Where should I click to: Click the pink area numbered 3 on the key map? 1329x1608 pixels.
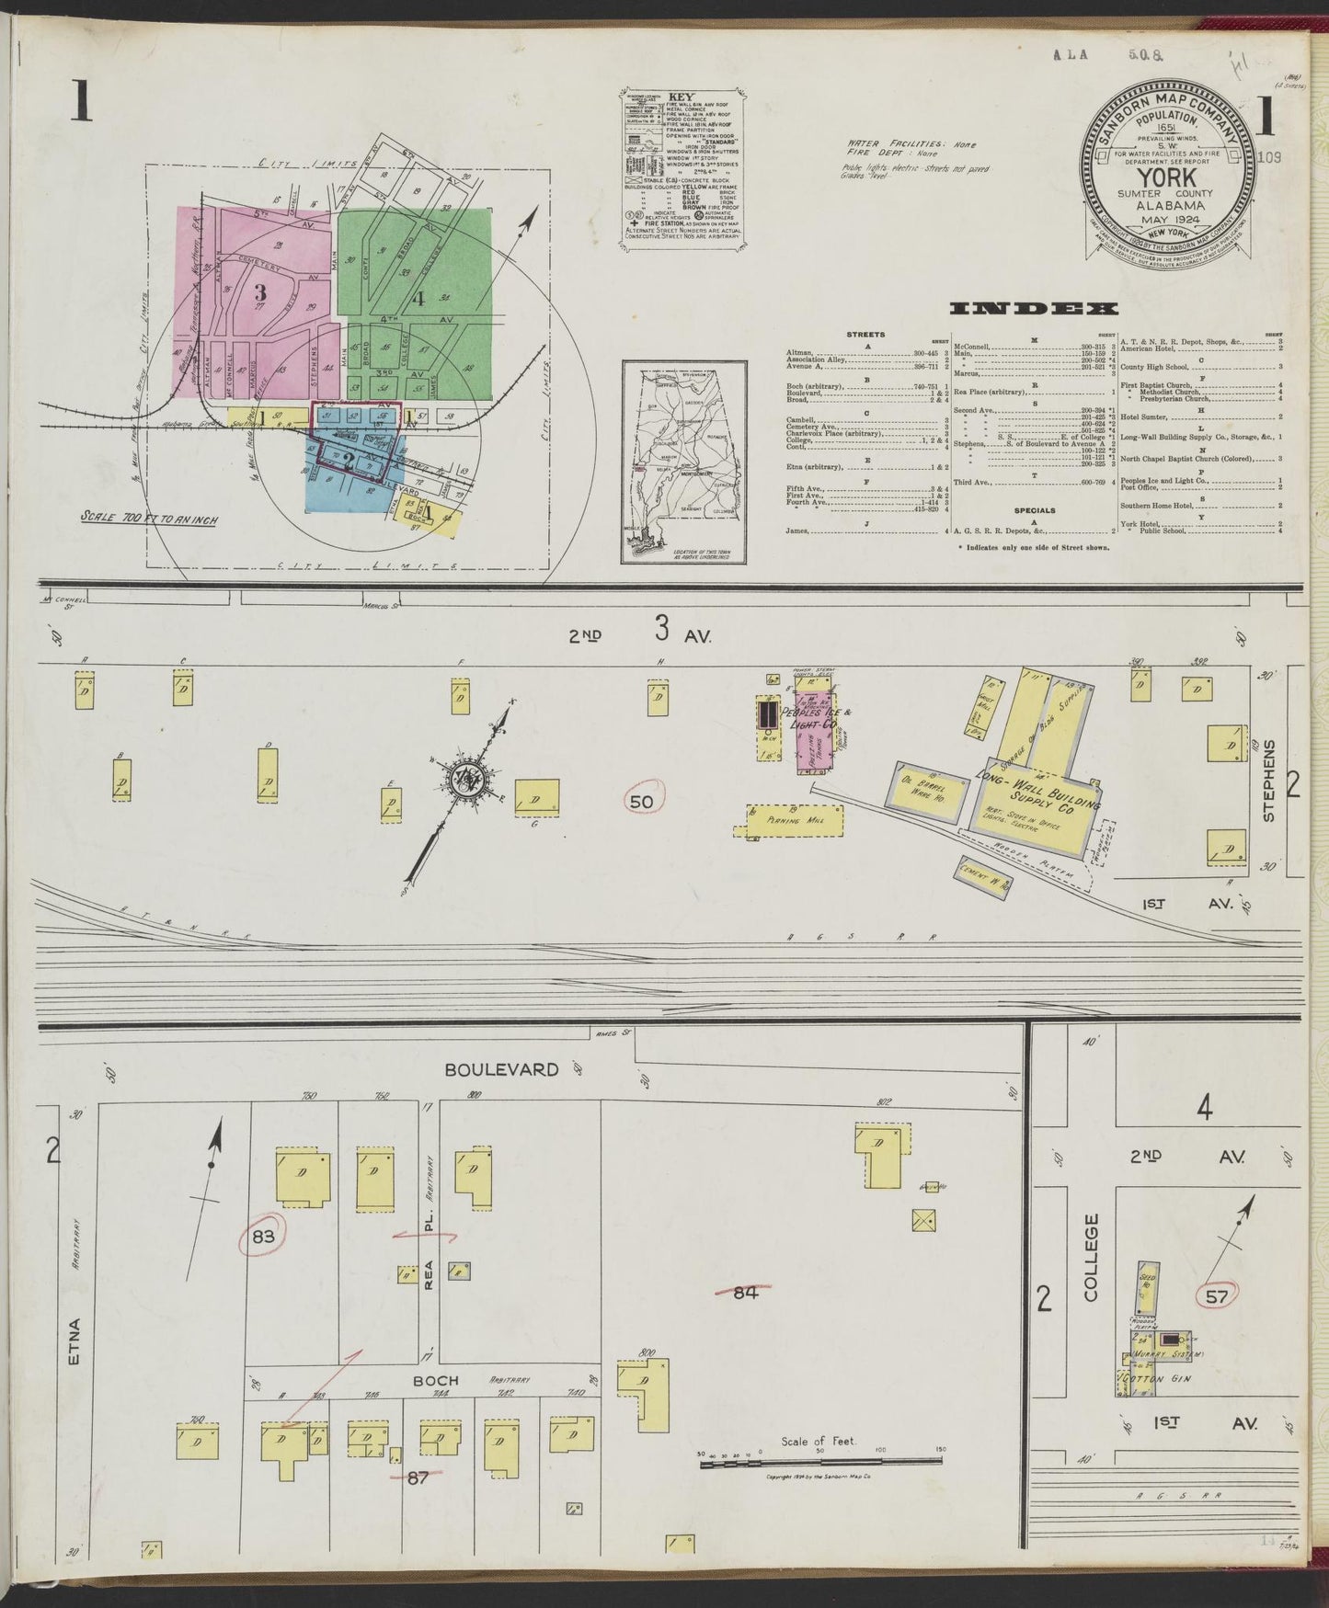[260, 292]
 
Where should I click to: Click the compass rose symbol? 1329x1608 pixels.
[459, 779]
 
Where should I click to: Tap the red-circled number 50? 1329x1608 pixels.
[641, 802]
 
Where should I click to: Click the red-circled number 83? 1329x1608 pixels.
[264, 1236]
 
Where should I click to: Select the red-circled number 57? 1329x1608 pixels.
[1217, 1296]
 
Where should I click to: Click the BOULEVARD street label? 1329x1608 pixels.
[501, 1069]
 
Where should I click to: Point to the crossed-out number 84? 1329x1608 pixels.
[745, 1292]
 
